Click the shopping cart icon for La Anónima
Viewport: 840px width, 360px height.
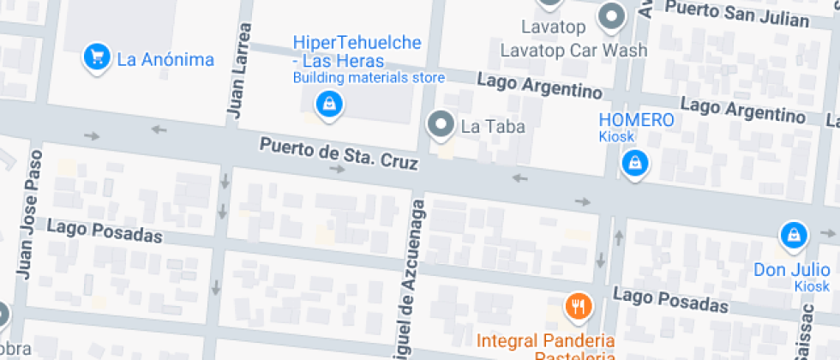pos(97,57)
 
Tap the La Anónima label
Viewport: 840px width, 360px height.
pos(165,59)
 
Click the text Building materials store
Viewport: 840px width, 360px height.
pos(369,78)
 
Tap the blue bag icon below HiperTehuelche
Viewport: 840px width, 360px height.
pos(328,105)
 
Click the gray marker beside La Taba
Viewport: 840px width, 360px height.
pos(441,125)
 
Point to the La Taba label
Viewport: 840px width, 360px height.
pos(492,126)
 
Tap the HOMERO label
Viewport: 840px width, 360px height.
pos(636,120)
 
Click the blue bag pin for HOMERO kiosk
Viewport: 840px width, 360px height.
pos(634,161)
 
